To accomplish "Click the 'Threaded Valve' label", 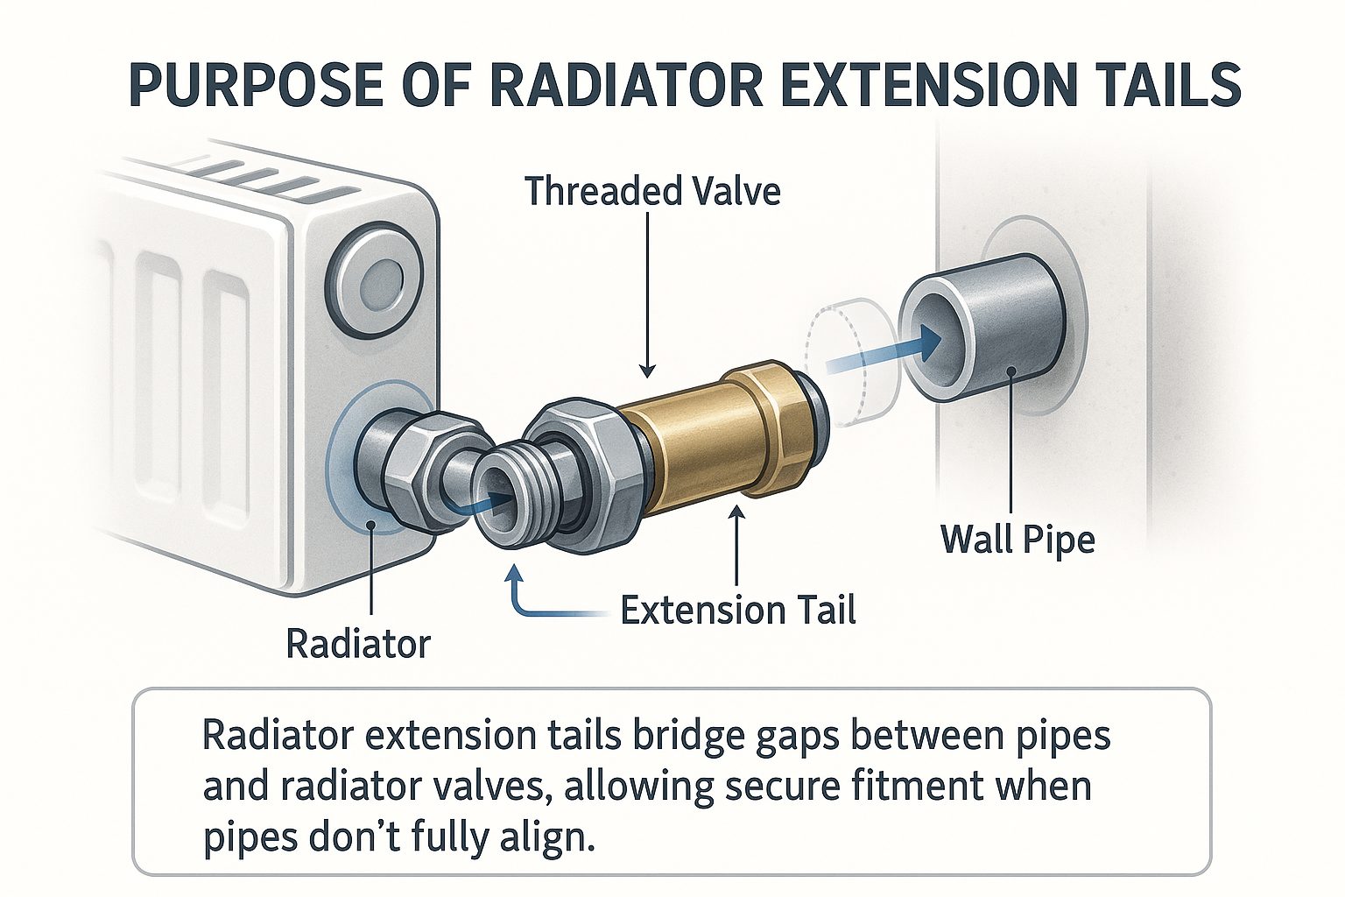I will (652, 191).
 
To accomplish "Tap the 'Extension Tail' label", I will (737, 611).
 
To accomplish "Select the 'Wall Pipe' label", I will (1018, 539).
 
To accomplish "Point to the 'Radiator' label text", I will (358, 645).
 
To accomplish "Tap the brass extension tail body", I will (692, 442).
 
